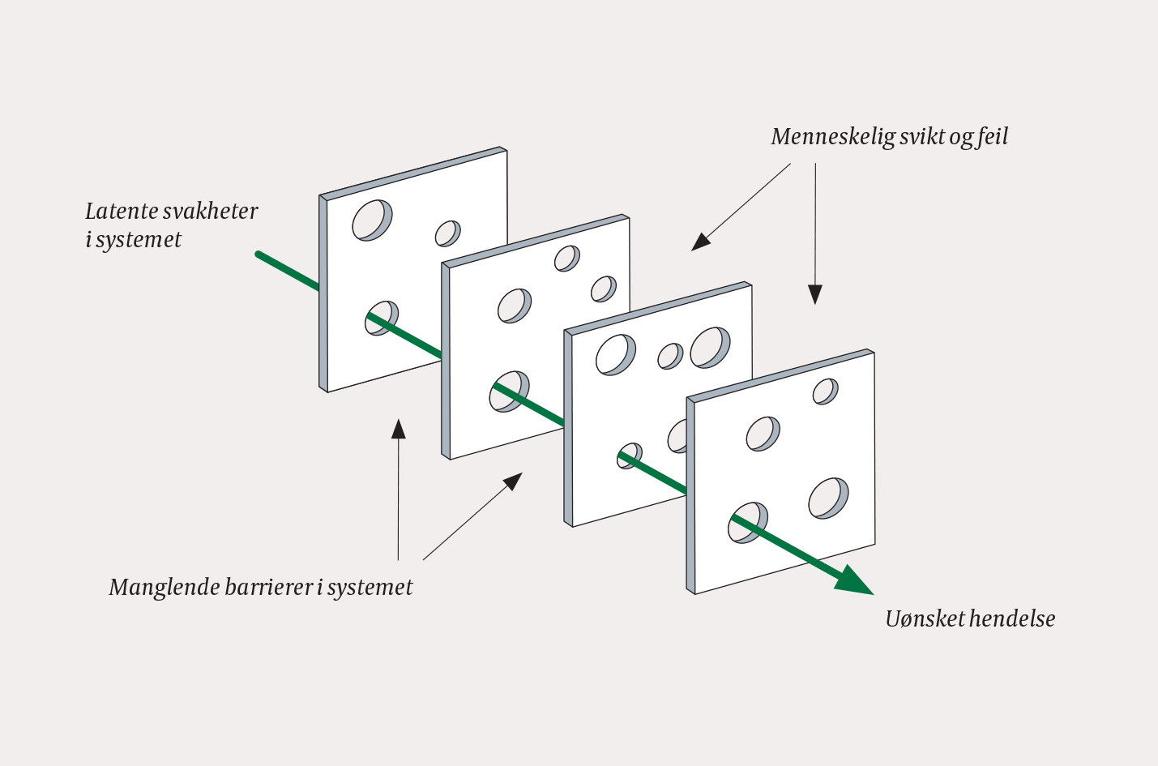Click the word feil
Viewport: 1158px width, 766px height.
point(993,136)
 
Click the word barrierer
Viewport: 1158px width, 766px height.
point(263,587)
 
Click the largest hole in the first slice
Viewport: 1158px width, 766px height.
point(371,219)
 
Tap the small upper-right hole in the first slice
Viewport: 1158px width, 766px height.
point(447,233)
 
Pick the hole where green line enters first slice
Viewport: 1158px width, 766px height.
point(382,318)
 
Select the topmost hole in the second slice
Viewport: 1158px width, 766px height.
point(566,259)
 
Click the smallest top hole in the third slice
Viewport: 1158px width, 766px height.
point(670,356)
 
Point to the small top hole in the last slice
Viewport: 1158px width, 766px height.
point(825,392)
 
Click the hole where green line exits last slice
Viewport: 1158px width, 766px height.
point(747,523)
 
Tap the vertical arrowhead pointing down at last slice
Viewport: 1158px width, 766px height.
point(815,295)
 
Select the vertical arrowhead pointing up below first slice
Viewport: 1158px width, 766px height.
point(398,428)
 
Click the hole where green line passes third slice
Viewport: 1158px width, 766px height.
point(630,456)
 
